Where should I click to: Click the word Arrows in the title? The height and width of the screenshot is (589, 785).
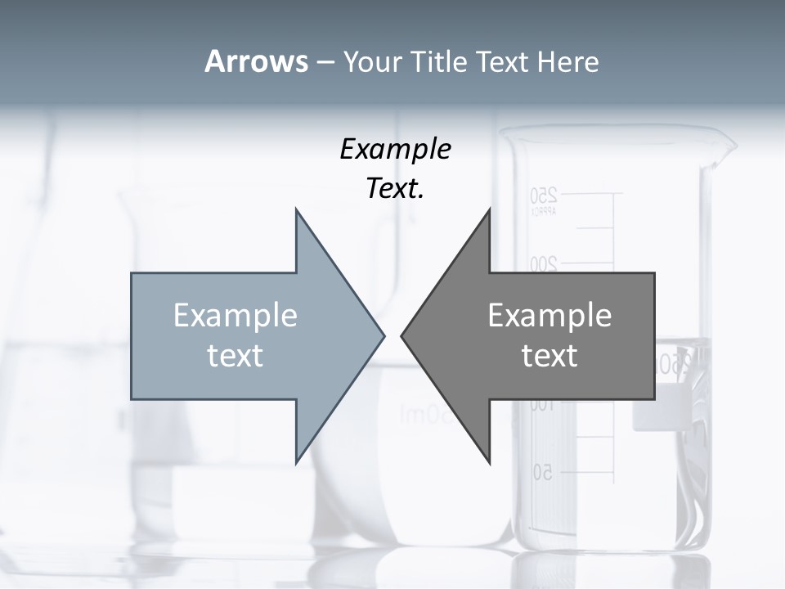(x=255, y=62)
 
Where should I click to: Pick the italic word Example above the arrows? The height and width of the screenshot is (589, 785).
(x=395, y=150)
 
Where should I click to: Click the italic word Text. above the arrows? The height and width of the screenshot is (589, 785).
(x=395, y=189)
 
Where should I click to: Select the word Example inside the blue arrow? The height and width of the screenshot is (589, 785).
(x=235, y=316)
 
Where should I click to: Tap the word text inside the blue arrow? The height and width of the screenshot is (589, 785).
(x=235, y=356)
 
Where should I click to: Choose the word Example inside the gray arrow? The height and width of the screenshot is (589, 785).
(x=549, y=316)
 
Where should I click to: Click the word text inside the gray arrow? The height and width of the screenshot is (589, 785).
(x=549, y=356)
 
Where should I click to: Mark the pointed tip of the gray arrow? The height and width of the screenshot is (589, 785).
(x=401, y=335)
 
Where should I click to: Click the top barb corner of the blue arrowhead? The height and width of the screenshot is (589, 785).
(x=296, y=209)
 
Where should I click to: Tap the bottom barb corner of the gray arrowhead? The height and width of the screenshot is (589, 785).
(x=490, y=463)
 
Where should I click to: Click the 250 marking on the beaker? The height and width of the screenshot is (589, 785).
(x=543, y=196)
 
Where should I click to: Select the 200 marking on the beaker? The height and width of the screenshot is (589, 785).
(x=543, y=264)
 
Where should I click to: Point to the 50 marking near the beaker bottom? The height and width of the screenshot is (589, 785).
(x=543, y=472)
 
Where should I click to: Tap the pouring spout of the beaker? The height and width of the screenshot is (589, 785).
(x=724, y=151)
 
